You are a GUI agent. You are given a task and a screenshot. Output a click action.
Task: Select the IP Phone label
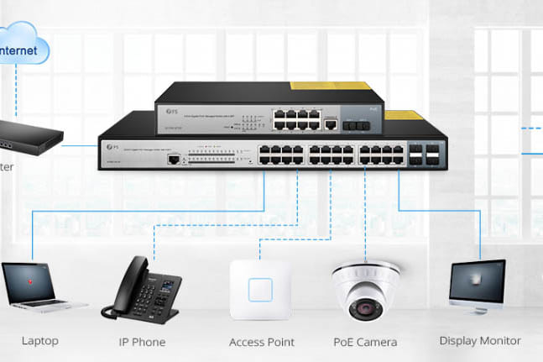tap(142, 342)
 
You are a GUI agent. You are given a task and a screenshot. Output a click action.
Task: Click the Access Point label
tap(262, 342)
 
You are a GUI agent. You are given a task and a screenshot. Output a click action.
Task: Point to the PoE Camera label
tap(364, 342)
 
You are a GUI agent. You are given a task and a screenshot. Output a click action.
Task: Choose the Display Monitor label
tap(480, 341)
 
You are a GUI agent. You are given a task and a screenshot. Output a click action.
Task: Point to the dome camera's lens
tap(366, 308)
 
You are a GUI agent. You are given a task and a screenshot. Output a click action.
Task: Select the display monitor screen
tap(478, 282)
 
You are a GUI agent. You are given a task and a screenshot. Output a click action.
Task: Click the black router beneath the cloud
tap(29, 133)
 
